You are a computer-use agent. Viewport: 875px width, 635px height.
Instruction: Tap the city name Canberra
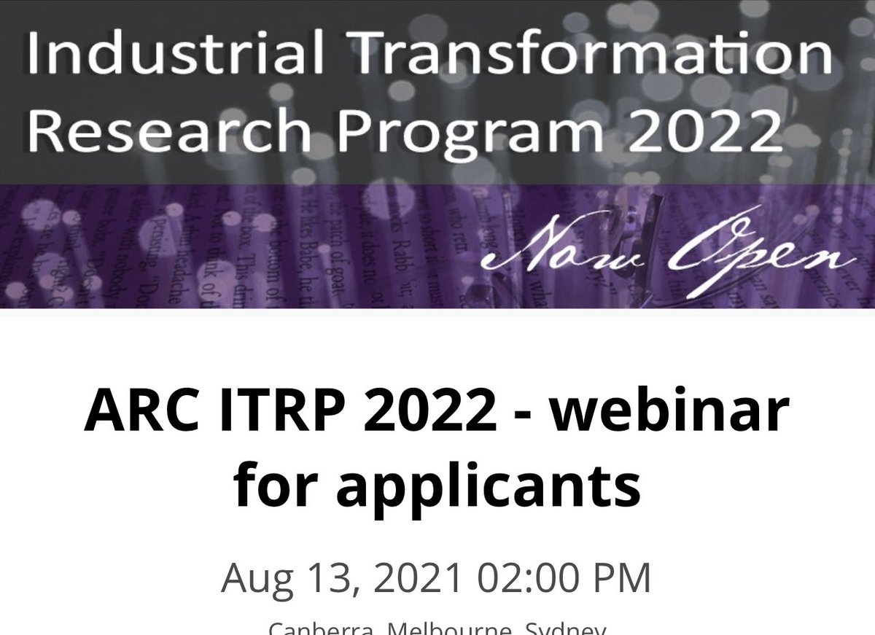tap(316, 628)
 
